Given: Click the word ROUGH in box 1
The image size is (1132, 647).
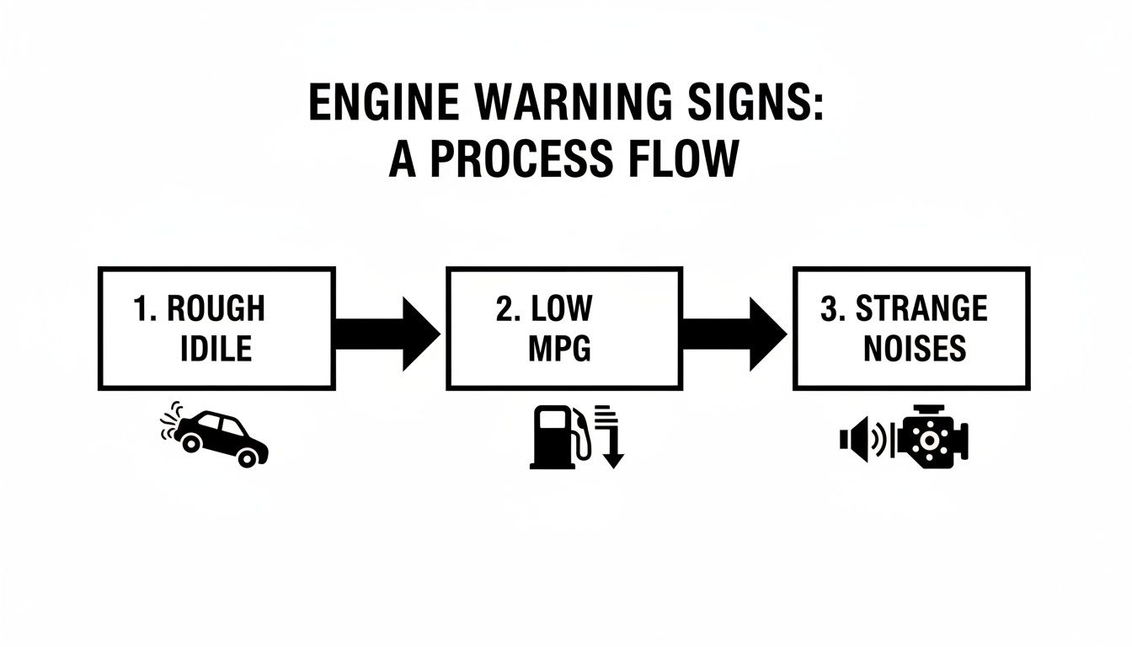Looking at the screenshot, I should click(216, 309).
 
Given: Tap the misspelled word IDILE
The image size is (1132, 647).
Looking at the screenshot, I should click(216, 348).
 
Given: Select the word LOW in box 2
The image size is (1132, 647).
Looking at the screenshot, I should click(562, 309).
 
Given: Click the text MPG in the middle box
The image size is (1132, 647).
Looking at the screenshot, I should click(559, 348).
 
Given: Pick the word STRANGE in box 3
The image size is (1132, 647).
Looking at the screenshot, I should click(921, 309).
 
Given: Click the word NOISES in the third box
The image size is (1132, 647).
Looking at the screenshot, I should click(914, 348).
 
